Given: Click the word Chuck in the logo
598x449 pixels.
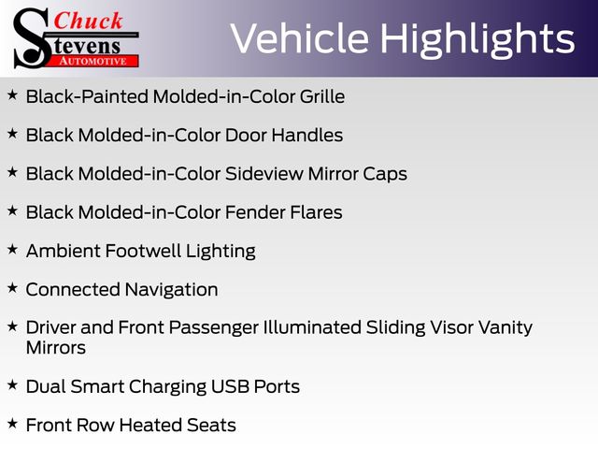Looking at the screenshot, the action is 88,21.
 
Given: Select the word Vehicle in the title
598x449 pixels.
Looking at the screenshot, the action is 300,38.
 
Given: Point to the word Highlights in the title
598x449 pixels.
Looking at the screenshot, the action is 477,40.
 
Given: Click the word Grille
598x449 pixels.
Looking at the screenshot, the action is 322,96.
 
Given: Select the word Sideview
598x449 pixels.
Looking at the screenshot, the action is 264,174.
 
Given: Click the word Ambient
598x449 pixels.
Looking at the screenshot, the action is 63,251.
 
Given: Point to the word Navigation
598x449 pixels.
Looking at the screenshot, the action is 172,290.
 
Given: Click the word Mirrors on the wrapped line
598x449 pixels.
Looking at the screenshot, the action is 56,348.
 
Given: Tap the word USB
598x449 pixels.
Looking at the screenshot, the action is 230,386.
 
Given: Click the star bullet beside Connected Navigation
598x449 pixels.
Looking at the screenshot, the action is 12,288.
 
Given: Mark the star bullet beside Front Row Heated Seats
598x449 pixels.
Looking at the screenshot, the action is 12,423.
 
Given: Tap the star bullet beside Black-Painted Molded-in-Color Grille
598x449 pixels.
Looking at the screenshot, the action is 12,94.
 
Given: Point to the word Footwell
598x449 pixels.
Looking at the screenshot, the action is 143,251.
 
